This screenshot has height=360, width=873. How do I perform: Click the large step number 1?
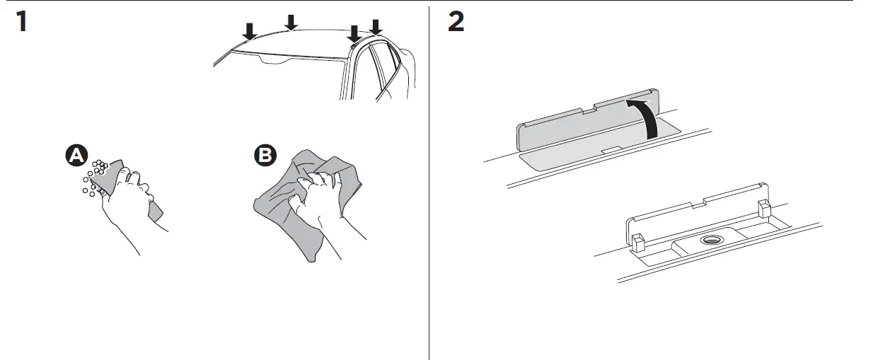[x=23, y=23]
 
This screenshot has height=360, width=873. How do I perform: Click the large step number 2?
[x=456, y=23]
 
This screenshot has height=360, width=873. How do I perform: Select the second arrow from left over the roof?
[x=291, y=23]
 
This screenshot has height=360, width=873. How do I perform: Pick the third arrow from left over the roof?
[x=354, y=33]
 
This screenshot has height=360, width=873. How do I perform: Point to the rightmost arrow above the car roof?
[x=376, y=27]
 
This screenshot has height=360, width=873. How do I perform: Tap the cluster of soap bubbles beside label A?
[x=96, y=175]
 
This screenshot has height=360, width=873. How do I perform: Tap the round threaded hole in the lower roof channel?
[x=709, y=240]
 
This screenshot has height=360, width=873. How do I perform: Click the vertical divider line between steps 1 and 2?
[x=429, y=184]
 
